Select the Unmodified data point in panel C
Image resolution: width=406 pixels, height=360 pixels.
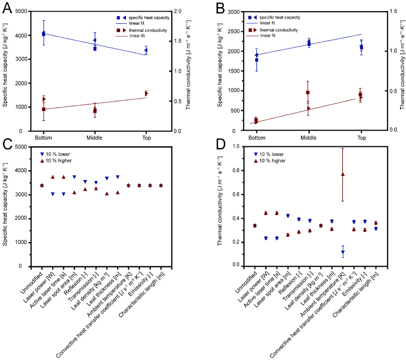pyautogui.click(x=42, y=185)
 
